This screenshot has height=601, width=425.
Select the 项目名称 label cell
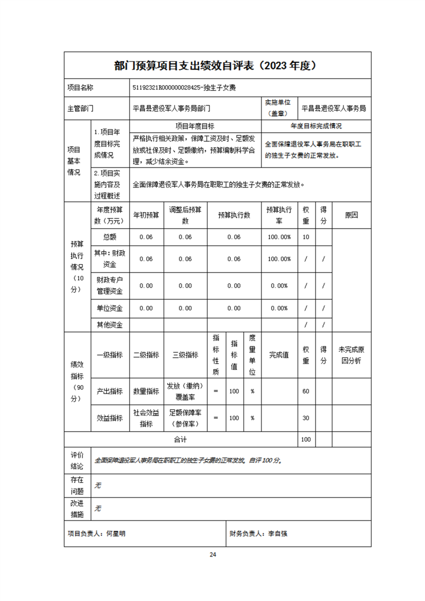coord(80,87)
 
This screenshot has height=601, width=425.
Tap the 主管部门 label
coord(80,108)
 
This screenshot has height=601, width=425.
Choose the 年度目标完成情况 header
coord(316,126)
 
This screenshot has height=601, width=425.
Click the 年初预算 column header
coord(146,215)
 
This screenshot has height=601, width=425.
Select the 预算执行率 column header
coord(279,215)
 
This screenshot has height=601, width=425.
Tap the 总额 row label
coord(109,237)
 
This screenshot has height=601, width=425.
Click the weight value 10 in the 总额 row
coord(306,237)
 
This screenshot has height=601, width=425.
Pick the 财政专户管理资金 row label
coord(109,286)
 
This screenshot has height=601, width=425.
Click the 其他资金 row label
coord(109,325)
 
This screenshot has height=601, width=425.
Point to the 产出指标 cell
coord(109,392)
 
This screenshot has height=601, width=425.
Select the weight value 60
coord(306,392)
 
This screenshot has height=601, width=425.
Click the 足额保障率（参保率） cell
coord(185,418)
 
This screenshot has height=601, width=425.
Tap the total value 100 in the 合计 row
coord(306,440)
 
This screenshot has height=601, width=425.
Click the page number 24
coord(213,554)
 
